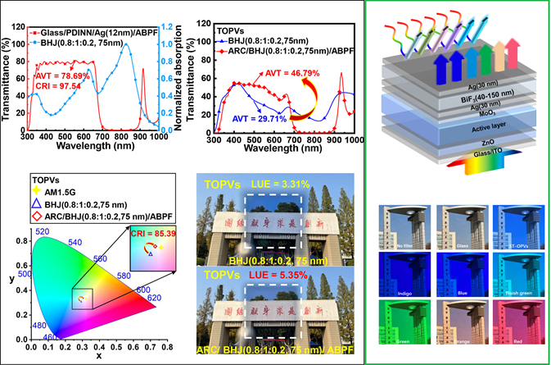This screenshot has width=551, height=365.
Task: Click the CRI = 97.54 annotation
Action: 61,86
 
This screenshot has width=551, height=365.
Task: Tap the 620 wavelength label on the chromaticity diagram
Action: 151,299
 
